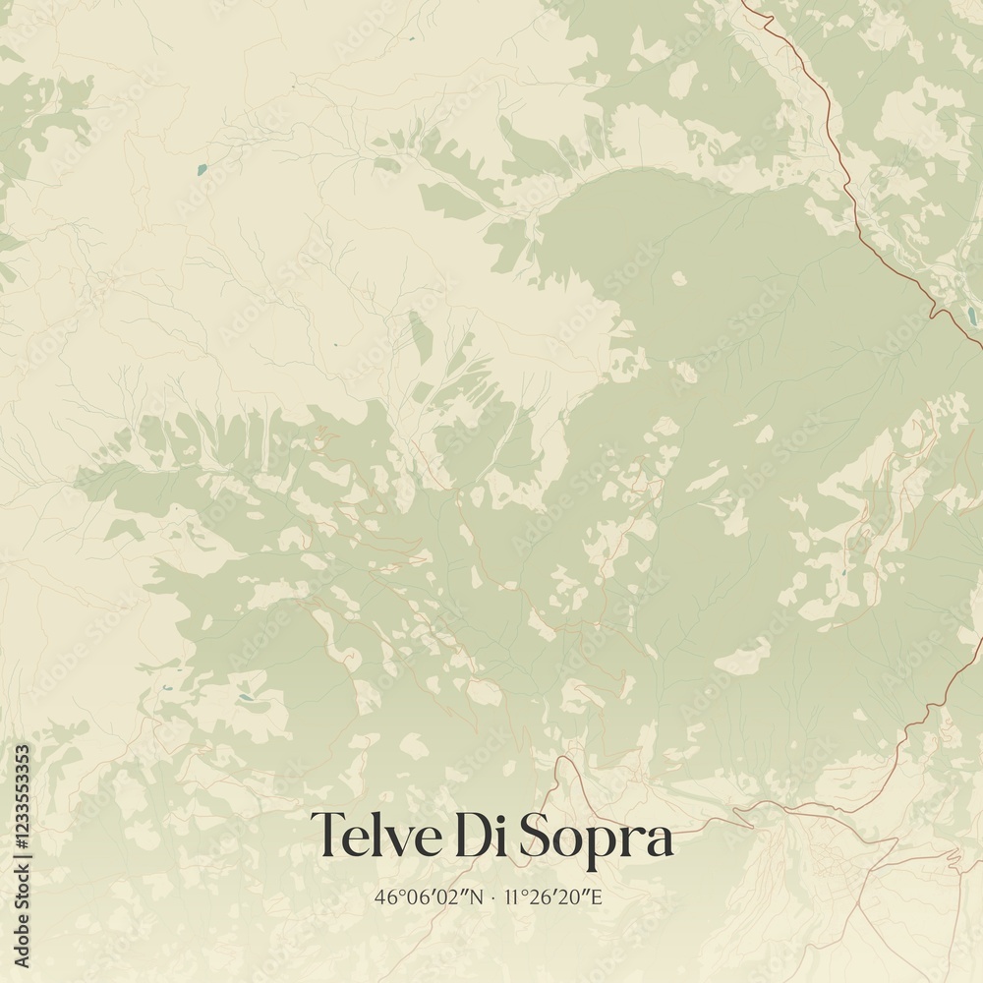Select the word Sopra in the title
597,838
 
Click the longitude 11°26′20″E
555,896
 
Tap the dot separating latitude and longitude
492,897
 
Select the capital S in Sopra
537,837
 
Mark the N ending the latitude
478,896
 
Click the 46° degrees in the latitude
387,896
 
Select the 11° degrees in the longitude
514,896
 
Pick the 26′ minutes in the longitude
542,896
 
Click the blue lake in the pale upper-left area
202,169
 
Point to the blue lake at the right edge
971,317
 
